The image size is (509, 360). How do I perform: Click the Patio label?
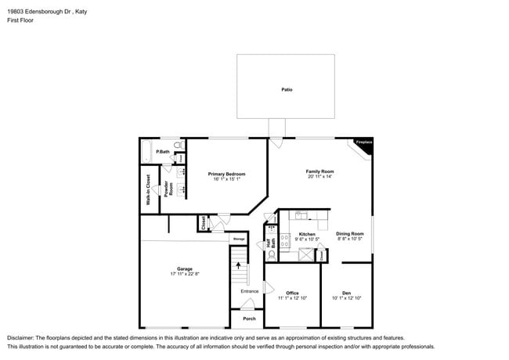287,90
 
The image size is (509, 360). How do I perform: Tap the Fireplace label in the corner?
363,142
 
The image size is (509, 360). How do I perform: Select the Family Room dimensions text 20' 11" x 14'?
319,177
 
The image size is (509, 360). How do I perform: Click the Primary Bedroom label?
226,174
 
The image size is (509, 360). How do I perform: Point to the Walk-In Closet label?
148,189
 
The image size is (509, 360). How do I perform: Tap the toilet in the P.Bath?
179,146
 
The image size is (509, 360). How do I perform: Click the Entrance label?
249,291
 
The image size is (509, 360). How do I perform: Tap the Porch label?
249,319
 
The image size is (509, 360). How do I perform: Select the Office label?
292,293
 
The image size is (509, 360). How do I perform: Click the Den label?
345,293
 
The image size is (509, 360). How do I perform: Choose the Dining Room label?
350,233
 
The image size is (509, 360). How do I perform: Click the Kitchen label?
307,234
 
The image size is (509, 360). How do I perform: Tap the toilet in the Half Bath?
272,254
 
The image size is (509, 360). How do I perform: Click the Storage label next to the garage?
239,239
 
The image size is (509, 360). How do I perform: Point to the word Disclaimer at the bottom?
23,337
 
